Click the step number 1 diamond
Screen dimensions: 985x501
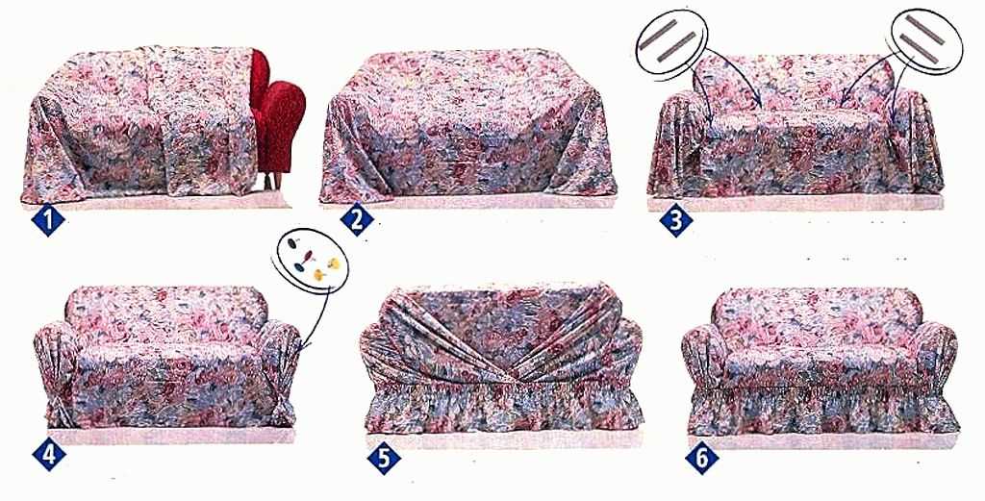48,220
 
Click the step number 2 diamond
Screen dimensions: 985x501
357,220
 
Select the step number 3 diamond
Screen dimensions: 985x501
676,220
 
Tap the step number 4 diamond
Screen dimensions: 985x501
48,455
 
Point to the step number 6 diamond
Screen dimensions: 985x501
701,459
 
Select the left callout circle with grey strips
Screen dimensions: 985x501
671,42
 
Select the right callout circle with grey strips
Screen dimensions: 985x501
926,40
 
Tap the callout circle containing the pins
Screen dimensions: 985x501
311,260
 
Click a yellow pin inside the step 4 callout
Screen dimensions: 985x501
333,263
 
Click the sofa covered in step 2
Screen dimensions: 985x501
468,126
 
